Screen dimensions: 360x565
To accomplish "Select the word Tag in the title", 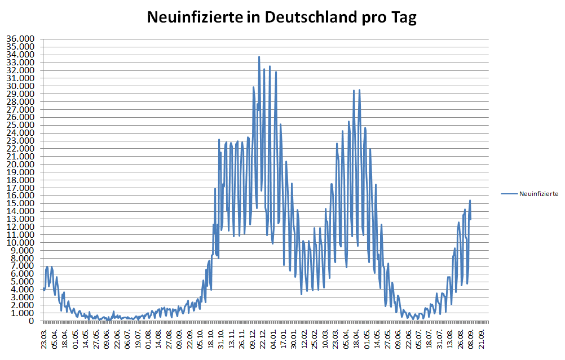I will point(404,17).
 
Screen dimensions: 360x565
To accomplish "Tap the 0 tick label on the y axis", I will point(32,321).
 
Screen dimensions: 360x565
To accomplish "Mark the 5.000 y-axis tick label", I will point(22,282).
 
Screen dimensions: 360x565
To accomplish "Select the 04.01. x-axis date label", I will point(275,337).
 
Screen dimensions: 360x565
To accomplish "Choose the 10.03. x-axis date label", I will point(326,337).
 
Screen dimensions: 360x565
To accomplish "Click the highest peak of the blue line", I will point(259,56).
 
